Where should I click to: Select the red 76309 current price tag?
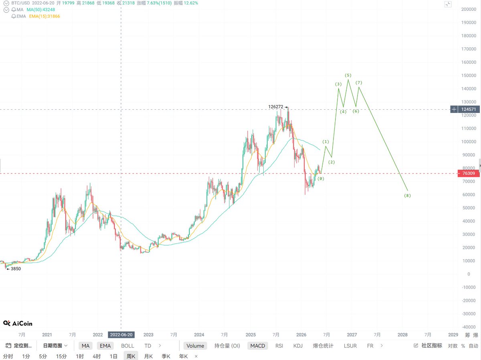pyautogui.click(x=469, y=173)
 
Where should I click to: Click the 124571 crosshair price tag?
pyautogui.click(x=469, y=109)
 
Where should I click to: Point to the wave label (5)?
pyautogui.click(x=348, y=75)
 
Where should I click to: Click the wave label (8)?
pyautogui.click(x=407, y=195)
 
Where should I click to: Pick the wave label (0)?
pyautogui.click(x=321, y=179)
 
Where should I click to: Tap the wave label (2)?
pyautogui.click(x=331, y=162)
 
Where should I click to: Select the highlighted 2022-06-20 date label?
pyautogui.click(x=121, y=335)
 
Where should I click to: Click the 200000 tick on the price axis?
pyautogui.click(x=469, y=9)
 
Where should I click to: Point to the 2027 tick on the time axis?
pyautogui.click(x=352, y=335)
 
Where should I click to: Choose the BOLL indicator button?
pyautogui.click(x=127, y=346)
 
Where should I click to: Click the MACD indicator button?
pyautogui.click(x=258, y=346)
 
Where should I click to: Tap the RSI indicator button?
pyautogui.click(x=279, y=346)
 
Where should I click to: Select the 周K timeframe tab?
pyautogui.click(x=131, y=356)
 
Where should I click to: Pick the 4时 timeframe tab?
pyautogui.click(x=97, y=356)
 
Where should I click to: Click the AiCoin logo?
pyautogui.click(x=18, y=324)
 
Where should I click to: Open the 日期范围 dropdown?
pyautogui.click(x=55, y=346)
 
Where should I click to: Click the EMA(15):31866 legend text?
pyautogui.click(x=44, y=16)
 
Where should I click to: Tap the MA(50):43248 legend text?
pyautogui.click(x=41, y=10)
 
